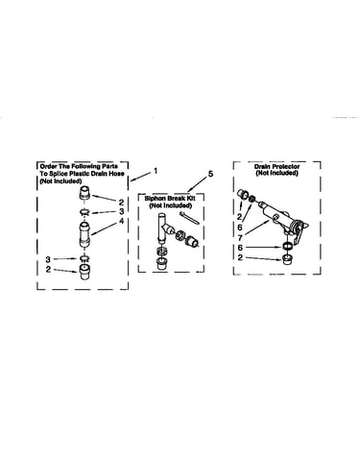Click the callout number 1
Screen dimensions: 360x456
pos(156,171)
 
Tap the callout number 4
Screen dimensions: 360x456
pos(121,221)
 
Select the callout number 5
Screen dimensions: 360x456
pos(210,174)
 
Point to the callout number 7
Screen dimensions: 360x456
pos(240,238)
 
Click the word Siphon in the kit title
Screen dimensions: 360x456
pos(156,199)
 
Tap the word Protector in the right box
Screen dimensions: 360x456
pos(286,167)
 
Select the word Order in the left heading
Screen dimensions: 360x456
pos(47,166)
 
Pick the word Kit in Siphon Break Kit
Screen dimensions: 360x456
pos(190,199)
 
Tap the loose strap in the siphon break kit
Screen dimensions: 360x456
pos(189,217)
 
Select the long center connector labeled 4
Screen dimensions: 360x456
pos(84,234)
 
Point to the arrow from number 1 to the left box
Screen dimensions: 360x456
pos(140,177)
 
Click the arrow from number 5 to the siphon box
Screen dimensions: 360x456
pos(197,184)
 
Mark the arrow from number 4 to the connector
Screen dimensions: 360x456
pos(105,229)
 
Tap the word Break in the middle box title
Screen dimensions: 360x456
pos(176,199)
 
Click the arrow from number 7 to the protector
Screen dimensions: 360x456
pos(256,228)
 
